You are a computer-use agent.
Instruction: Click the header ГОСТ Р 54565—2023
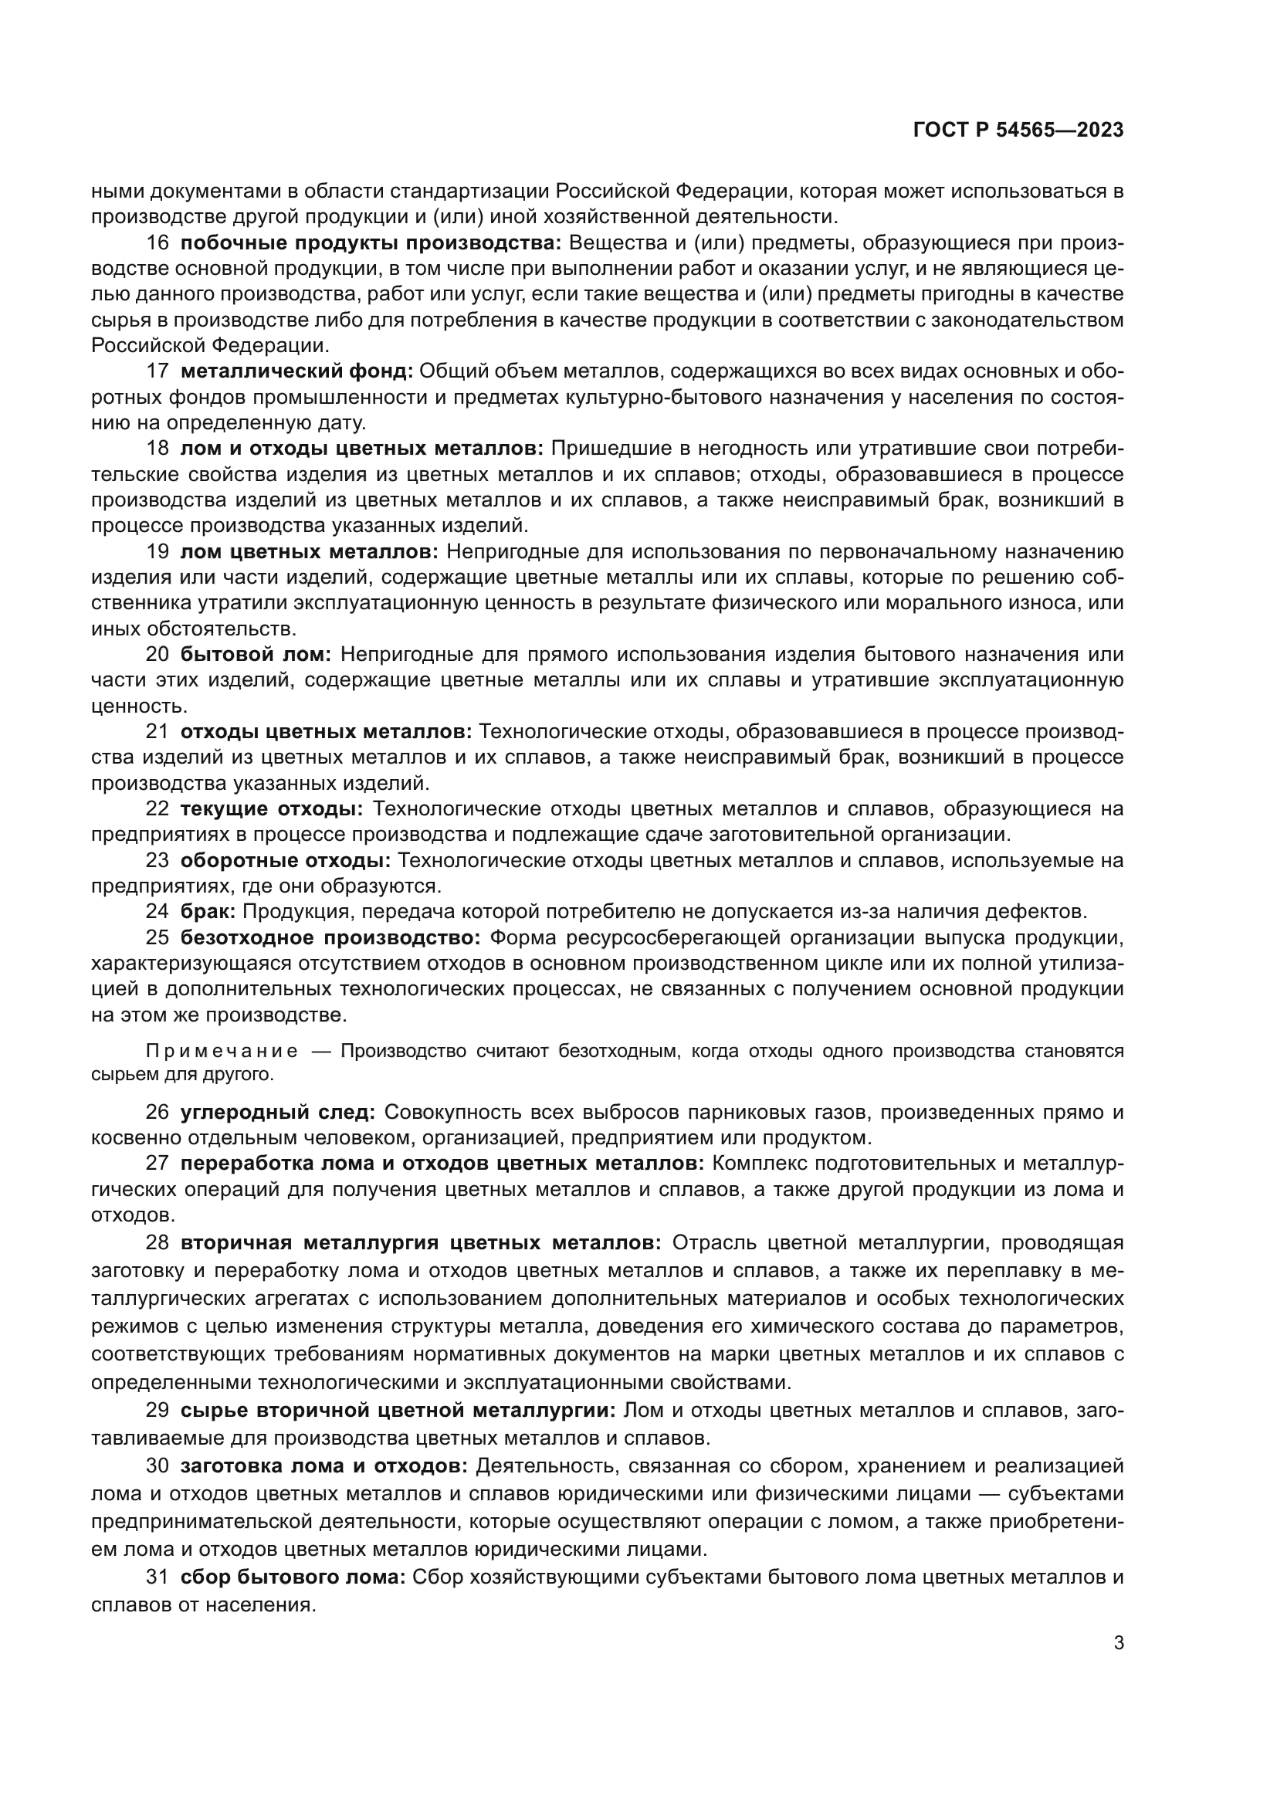pos(1018,130)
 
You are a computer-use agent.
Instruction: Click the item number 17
pos(158,371)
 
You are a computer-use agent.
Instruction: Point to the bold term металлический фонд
pos(297,371)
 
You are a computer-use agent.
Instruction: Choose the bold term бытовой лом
pos(256,655)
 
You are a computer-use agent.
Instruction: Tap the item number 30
pos(158,1466)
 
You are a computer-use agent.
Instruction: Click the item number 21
pos(158,731)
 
